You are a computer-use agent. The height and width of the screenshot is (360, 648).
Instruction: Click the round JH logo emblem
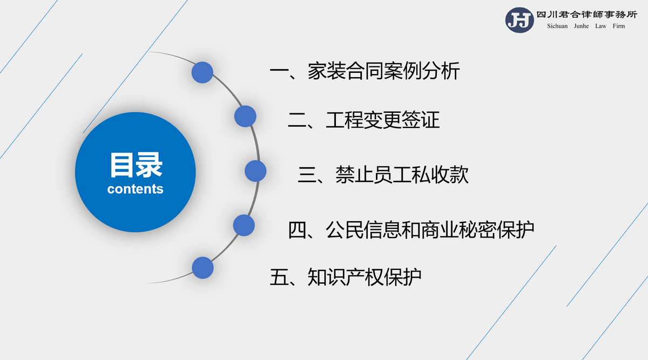519,20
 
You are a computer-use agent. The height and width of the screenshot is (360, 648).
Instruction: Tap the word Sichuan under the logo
557,26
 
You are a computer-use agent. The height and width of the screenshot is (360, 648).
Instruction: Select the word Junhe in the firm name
581,26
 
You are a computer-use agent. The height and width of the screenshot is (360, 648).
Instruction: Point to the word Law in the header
600,26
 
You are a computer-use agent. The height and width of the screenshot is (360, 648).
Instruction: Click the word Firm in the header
618,26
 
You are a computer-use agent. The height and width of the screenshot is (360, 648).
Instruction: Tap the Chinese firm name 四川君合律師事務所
587,15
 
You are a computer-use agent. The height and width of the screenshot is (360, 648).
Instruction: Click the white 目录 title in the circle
136,165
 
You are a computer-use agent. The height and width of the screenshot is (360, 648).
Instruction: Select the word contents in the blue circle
136,189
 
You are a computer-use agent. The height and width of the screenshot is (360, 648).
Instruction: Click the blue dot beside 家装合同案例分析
202,72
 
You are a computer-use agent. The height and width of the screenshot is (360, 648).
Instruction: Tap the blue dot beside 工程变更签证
245,116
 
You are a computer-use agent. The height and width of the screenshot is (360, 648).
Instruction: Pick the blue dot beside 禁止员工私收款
255,171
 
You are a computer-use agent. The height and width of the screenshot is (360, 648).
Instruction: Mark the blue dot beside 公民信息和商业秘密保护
244,225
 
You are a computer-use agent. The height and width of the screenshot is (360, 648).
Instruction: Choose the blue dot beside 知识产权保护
202,268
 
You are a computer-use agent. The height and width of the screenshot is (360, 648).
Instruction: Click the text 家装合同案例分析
383,71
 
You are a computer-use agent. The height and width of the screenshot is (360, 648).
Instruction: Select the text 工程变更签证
383,120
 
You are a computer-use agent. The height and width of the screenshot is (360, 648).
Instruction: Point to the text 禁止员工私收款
402,175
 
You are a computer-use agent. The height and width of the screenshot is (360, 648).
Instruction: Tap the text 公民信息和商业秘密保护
430,230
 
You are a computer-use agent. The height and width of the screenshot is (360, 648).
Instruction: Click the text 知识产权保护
364,277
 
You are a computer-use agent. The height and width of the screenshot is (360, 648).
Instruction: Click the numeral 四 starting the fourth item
298,230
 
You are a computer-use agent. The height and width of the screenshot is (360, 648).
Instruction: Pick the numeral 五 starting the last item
279,277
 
